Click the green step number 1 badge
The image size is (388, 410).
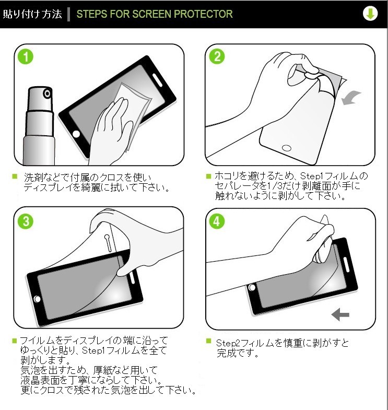[x=26, y=57]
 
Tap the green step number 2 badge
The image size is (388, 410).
[x=217, y=56]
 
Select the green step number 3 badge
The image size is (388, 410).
[x=26, y=221]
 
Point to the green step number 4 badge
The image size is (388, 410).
[x=217, y=221]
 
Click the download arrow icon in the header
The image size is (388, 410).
[x=370, y=14]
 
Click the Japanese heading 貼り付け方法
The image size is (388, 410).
[x=32, y=14]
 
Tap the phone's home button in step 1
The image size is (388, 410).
[x=76, y=134]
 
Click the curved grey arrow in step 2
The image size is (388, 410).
[x=351, y=98]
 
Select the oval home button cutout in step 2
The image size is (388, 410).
[x=287, y=148]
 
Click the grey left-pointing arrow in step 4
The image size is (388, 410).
[x=340, y=314]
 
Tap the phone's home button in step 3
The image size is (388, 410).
[x=37, y=299]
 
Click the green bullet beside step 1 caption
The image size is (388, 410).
[x=15, y=177]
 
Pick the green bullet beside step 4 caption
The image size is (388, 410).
[x=209, y=341]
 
